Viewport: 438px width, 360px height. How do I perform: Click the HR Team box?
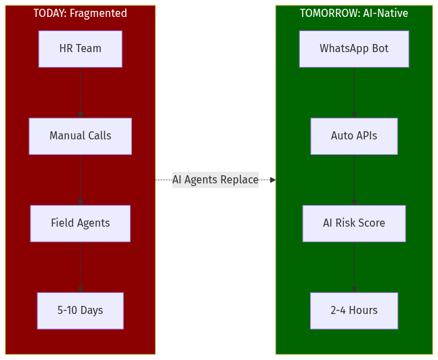coord(80,49)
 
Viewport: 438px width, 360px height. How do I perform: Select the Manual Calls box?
coord(80,136)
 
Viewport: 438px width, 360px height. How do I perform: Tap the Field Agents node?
coord(80,223)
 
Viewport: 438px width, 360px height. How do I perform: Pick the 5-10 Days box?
coord(80,311)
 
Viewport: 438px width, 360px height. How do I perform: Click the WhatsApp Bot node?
coord(354,49)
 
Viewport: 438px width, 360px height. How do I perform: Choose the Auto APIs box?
coord(354,136)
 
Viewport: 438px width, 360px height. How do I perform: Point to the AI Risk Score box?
coord(354,223)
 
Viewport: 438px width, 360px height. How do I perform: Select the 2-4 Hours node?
coord(354,311)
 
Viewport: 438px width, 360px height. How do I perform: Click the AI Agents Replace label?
coord(215,180)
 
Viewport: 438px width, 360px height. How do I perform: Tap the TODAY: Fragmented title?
coord(80,14)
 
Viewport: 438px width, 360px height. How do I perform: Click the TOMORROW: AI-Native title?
coord(354,14)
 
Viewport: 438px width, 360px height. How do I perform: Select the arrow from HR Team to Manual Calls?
coord(80,93)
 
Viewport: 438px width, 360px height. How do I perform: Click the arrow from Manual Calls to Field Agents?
coord(80,180)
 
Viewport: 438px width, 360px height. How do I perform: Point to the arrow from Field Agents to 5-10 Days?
coord(80,267)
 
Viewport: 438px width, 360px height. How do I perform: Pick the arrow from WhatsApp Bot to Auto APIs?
coord(354,93)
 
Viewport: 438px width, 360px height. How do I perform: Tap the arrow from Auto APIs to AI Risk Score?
coord(354,180)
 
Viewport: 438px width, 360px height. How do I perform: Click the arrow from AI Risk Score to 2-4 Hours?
coord(354,267)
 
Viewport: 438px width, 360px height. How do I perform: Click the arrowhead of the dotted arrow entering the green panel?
coord(272,180)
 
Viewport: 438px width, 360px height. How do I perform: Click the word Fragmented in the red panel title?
coord(98,14)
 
